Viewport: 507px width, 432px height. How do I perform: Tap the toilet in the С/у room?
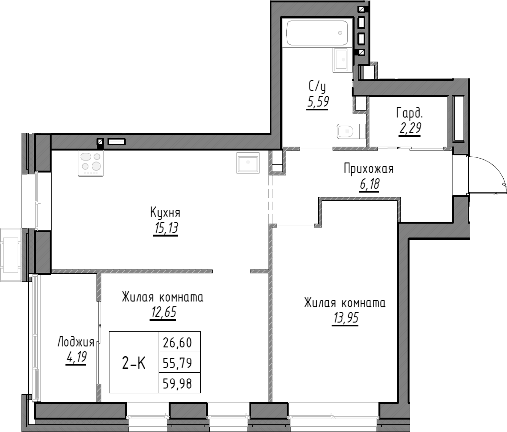348,130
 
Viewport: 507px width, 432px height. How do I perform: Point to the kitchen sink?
248,162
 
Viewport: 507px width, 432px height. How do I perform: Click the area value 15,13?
165,229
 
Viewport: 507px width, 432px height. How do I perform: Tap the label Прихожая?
368,169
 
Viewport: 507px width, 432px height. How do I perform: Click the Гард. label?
410,113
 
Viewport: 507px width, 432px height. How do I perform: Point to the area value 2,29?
410,129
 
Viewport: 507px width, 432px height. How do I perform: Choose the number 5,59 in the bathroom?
318,102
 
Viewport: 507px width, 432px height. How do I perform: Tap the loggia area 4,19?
76,357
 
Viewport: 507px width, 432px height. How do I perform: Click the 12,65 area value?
162,313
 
